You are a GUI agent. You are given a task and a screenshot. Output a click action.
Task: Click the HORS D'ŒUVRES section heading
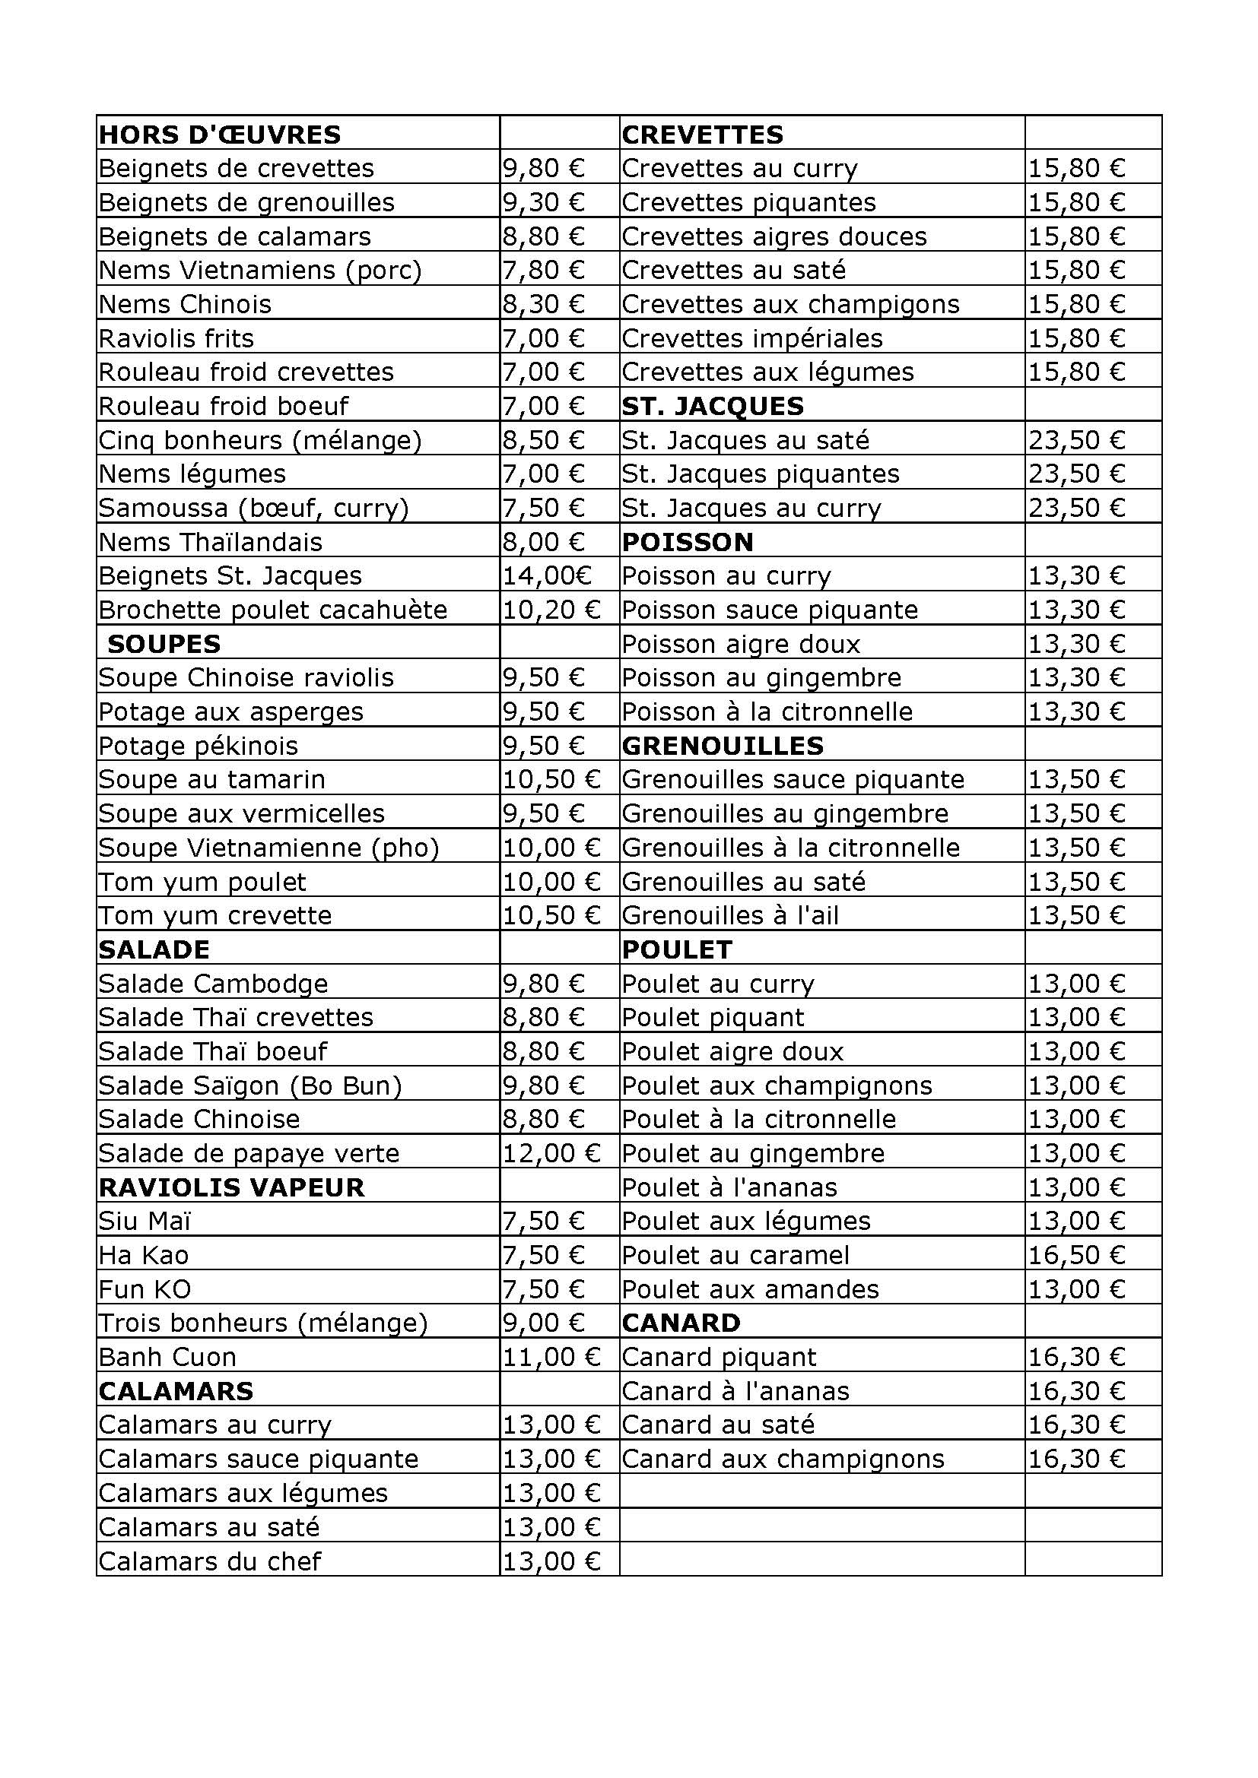[220, 135]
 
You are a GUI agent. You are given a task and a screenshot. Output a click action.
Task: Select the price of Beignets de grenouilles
[543, 203]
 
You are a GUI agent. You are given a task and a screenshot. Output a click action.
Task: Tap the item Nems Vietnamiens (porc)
[260, 271]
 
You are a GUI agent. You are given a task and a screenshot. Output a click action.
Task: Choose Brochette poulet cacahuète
[273, 610]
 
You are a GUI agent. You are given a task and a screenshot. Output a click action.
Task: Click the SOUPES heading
[164, 645]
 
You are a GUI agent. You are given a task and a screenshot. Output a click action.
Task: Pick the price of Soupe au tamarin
[551, 780]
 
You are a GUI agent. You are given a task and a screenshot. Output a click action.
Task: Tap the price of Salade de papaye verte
[551, 1154]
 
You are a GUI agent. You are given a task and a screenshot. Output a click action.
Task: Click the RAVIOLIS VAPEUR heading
[232, 1188]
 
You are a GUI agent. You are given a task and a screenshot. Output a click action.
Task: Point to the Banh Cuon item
[167, 1358]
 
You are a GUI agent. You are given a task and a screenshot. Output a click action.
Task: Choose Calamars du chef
[210, 1561]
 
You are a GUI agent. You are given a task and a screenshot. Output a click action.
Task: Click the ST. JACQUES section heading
[713, 407]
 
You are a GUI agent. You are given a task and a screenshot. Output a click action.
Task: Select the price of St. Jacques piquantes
[1076, 474]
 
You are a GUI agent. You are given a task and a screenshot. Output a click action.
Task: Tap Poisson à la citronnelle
[767, 712]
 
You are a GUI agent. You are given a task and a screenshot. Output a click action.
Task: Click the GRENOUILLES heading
[722, 746]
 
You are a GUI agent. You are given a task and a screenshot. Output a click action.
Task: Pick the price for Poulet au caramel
[1076, 1255]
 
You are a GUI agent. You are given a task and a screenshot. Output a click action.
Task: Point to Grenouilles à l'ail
[729, 916]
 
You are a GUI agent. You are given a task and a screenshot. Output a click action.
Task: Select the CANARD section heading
[681, 1323]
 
